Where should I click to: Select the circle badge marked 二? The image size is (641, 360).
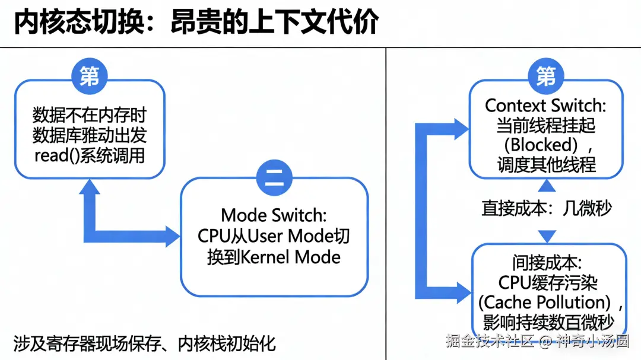point(274,178)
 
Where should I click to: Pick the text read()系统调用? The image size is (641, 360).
point(90,156)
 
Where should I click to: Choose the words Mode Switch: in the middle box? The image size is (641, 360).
point(274,215)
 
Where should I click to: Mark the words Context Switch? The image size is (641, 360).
point(545,106)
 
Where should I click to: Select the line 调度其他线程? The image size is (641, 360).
point(546,164)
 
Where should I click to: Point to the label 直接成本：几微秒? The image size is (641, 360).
point(546,208)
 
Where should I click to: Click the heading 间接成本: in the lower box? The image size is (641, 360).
point(546,262)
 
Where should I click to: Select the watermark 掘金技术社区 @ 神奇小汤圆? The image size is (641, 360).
point(537,341)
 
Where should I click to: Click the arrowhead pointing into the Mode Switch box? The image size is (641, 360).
point(173,236)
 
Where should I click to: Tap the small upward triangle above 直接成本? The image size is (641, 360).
point(547,186)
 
